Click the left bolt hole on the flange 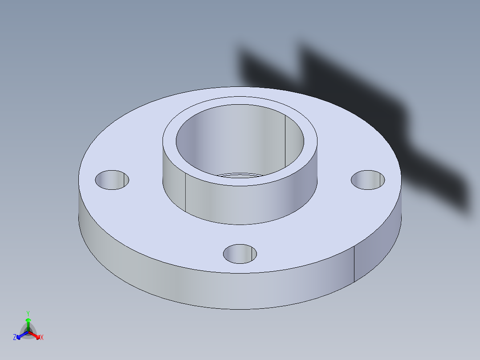tap(112, 180)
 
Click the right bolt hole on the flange tap(368, 180)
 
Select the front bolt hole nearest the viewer tap(240, 254)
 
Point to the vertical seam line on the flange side tap(354, 265)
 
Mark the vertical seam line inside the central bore tap(285, 140)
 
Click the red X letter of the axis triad tap(42, 338)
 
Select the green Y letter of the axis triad tap(28, 313)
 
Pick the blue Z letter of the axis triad tap(15, 338)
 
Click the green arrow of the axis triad tap(28, 322)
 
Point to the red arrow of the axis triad tap(37, 335)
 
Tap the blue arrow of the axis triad tap(20, 335)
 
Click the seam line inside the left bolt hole tap(123, 180)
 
